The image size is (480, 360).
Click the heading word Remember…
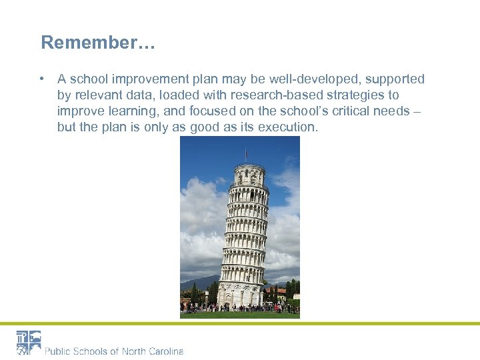tap(98, 43)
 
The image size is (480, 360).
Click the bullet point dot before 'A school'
tap(43, 79)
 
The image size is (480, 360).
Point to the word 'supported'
tap(395, 79)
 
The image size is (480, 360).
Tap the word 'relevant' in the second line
tap(98, 95)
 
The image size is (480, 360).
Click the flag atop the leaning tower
tap(246, 154)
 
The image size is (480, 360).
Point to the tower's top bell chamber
tap(249, 175)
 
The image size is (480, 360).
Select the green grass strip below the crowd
tap(239, 315)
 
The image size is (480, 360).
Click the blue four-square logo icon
tap(29, 343)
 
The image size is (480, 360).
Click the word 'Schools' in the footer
tap(89, 351)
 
